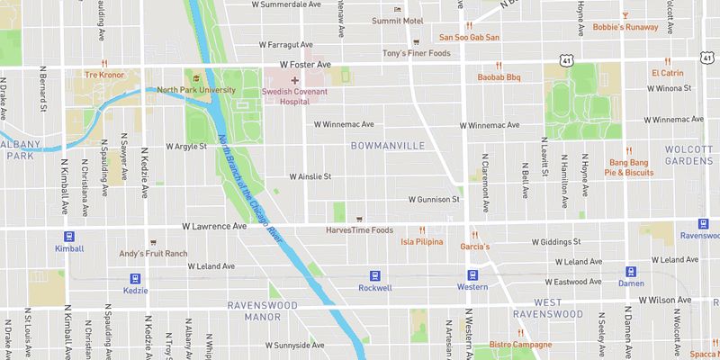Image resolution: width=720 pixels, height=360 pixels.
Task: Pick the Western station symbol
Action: pyautogui.click(x=472, y=274)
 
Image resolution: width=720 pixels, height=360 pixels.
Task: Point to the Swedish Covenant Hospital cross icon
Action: pyautogui.click(x=293, y=80)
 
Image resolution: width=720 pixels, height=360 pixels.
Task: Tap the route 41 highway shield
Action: pyautogui.click(x=565, y=59)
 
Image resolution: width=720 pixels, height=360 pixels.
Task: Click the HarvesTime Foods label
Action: pyautogui.click(x=359, y=229)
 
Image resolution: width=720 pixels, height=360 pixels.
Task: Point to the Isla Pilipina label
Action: pyautogui.click(x=422, y=242)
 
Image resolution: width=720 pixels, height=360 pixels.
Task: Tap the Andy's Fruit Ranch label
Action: pyautogui.click(x=153, y=254)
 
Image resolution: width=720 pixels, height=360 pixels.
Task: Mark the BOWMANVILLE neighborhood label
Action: pyautogui.click(x=384, y=144)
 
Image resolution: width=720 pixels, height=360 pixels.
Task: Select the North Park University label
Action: pyautogui.click(x=195, y=90)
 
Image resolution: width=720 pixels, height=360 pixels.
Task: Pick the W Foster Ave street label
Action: pyautogui.click(x=305, y=65)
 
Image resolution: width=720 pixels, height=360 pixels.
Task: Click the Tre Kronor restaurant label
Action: pyautogui.click(x=103, y=75)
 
